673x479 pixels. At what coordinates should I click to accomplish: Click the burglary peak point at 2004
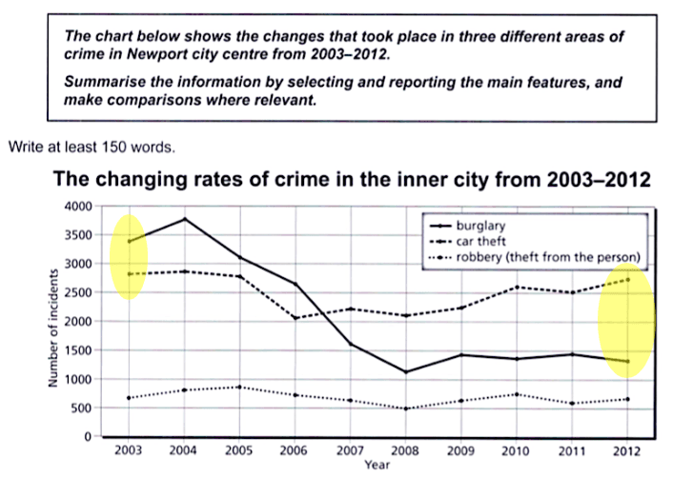click(184, 219)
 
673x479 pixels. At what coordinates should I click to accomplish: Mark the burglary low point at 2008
click(407, 372)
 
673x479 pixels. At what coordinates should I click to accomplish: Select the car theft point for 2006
click(296, 318)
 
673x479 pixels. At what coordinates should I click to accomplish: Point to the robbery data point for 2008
click(407, 409)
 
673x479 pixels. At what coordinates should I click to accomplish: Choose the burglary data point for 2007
click(351, 344)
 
